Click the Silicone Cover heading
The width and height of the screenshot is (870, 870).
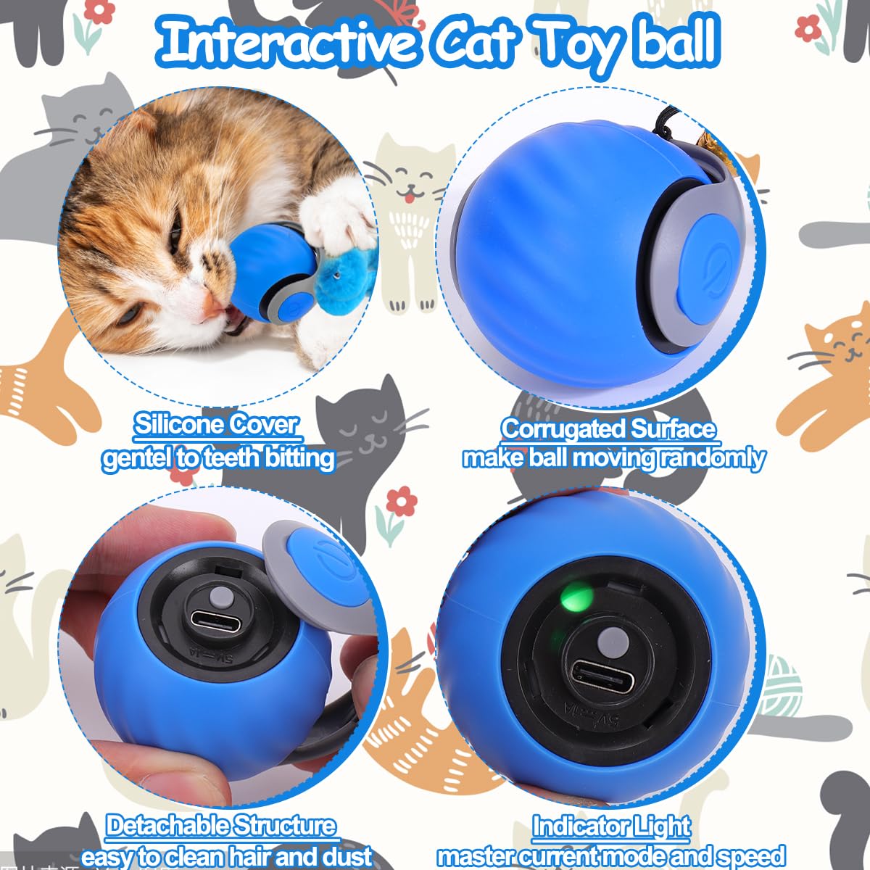pos(215,425)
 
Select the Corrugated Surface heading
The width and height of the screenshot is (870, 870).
pos(608,429)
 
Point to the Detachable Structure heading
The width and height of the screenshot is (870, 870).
pos(221,826)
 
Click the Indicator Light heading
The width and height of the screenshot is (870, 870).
pos(611,826)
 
